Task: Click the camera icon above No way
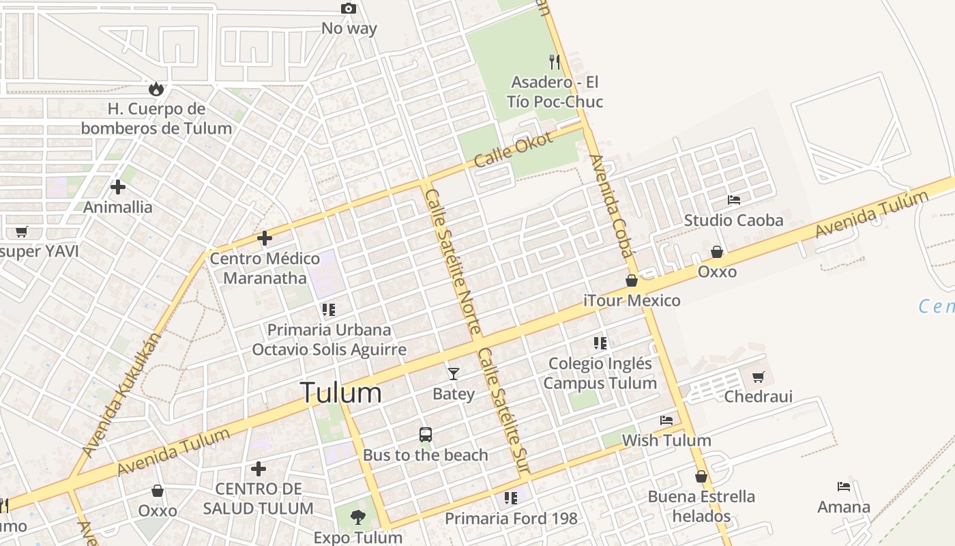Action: point(349,9)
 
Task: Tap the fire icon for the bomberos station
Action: point(156,89)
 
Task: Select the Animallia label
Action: point(118,207)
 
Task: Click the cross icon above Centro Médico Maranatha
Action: point(265,238)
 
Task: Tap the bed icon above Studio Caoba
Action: point(734,200)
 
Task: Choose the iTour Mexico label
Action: point(632,300)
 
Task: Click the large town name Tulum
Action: point(340,393)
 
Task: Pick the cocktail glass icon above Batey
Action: point(454,373)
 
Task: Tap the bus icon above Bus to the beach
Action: point(426,434)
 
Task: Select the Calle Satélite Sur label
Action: point(504,411)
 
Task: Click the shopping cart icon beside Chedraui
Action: point(759,377)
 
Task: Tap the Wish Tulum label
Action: point(666,440)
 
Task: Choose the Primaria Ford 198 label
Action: point(511,519)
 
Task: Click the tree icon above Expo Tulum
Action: point(357,517)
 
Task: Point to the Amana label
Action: point(844,507)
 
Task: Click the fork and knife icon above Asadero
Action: point(555,62)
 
